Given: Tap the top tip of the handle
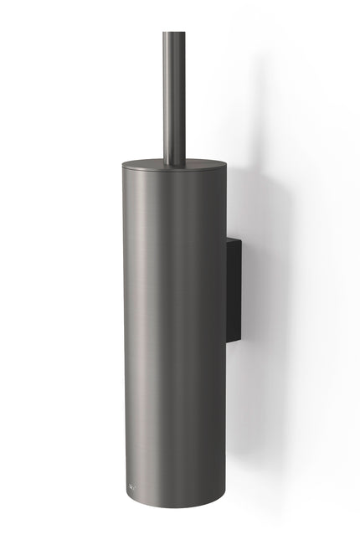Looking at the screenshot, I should click(175, 33).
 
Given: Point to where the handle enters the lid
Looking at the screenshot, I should click(175, 162).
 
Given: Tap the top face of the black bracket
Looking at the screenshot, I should click(234, 241).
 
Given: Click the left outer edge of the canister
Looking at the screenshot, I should click(123, 335).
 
